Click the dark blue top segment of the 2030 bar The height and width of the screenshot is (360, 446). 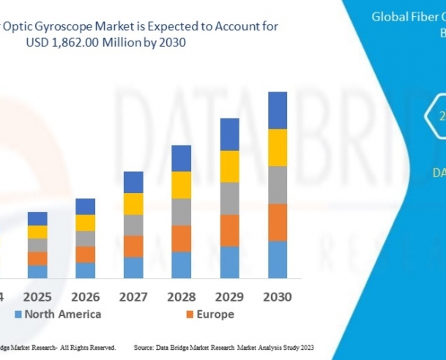277,110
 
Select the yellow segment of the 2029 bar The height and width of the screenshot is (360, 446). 230,166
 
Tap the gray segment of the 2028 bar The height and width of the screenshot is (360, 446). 181,211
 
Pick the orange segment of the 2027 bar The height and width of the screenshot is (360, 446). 133,246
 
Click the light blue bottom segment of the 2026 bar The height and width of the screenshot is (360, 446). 86,270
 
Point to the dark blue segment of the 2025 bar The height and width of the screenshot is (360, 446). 37,219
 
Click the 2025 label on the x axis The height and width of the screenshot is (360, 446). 37,297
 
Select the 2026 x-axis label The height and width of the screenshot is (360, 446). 86,297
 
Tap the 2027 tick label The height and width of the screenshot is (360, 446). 133,297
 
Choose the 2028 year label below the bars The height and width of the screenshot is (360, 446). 181,297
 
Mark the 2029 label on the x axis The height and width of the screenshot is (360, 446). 230,297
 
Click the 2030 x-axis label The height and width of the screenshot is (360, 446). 277,297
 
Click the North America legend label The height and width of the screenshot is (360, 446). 62,315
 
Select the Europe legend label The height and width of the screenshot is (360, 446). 215,315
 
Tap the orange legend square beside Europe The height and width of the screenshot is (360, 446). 190,315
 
